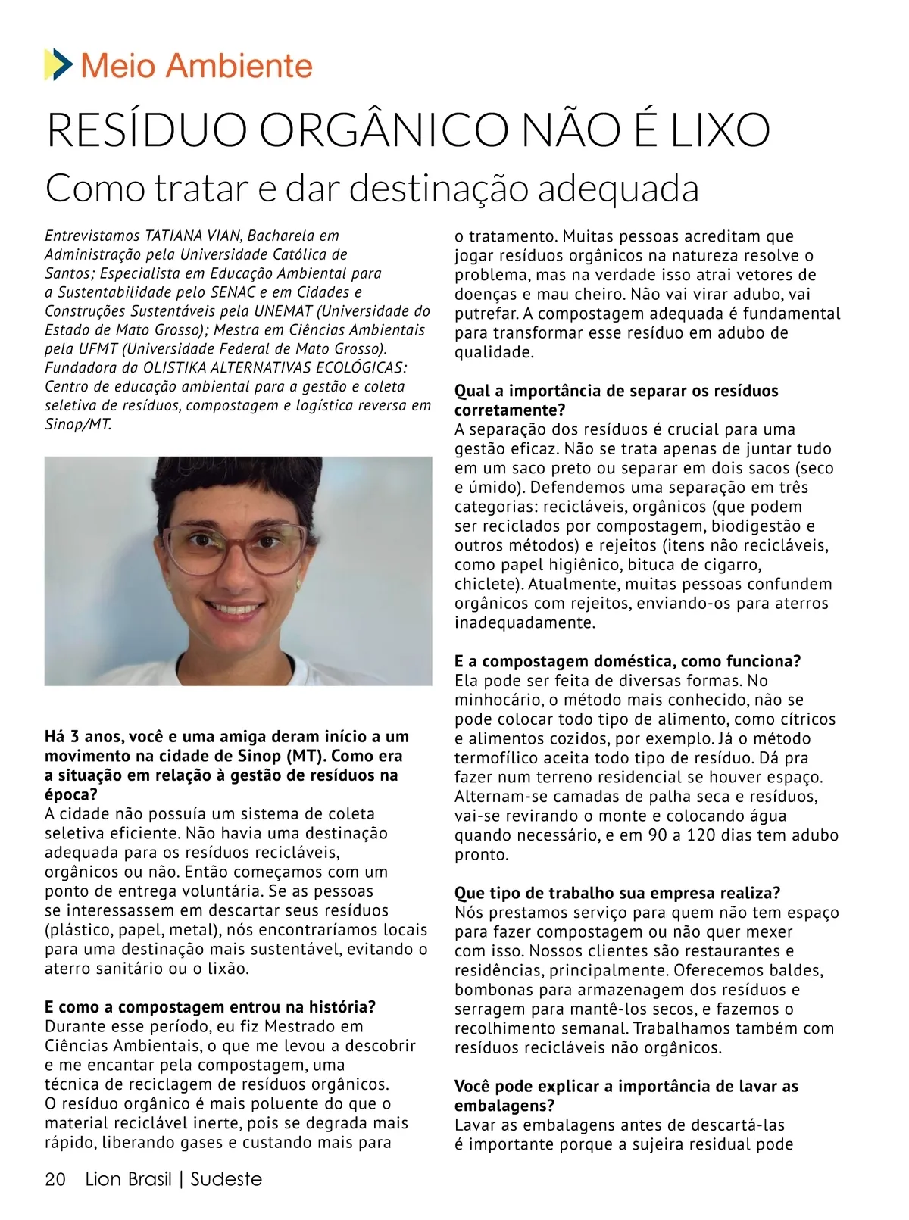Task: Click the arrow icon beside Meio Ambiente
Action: (x=58, y=65)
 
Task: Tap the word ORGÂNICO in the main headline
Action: (x=383, y=131)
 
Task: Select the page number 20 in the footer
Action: (x=55, y=1179)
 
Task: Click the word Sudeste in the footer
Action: (x=226, y=1179)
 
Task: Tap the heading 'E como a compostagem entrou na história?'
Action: (x=210, y=1007)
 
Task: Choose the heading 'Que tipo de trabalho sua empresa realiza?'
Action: (x=617, y=893)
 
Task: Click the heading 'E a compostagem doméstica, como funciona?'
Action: (x=627, y=661)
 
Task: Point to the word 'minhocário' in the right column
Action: (x=496, y=700)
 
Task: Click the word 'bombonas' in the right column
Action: (x=491, y=990)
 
